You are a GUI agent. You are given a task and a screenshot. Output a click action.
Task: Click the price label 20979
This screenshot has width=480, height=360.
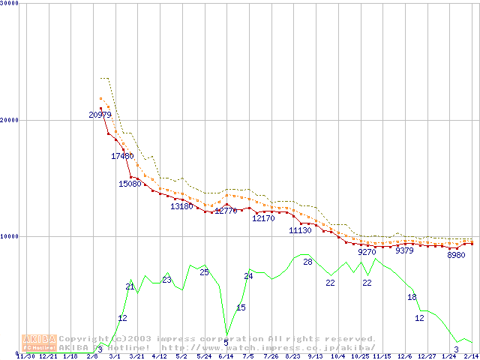100,115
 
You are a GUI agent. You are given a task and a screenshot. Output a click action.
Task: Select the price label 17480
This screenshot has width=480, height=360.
122,156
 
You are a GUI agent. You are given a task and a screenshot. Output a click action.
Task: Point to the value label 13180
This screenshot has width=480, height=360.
181,206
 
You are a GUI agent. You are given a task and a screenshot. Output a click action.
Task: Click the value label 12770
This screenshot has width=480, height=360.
226,211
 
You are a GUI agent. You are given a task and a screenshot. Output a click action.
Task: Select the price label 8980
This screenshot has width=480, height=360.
456,255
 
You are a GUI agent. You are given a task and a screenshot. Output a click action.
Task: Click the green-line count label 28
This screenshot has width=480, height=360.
307,262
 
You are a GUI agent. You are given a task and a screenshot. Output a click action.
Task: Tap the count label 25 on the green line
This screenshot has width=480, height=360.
204,272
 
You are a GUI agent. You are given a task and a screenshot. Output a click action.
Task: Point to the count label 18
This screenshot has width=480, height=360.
412,298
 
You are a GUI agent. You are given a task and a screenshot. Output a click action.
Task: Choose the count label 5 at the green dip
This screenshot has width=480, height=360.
226,343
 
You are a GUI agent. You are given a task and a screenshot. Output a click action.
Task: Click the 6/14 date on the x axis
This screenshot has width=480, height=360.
226,356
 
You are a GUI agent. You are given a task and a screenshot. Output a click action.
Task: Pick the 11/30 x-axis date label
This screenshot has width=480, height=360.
25,356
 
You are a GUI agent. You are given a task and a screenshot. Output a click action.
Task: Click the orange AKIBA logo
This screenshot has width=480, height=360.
39,343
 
